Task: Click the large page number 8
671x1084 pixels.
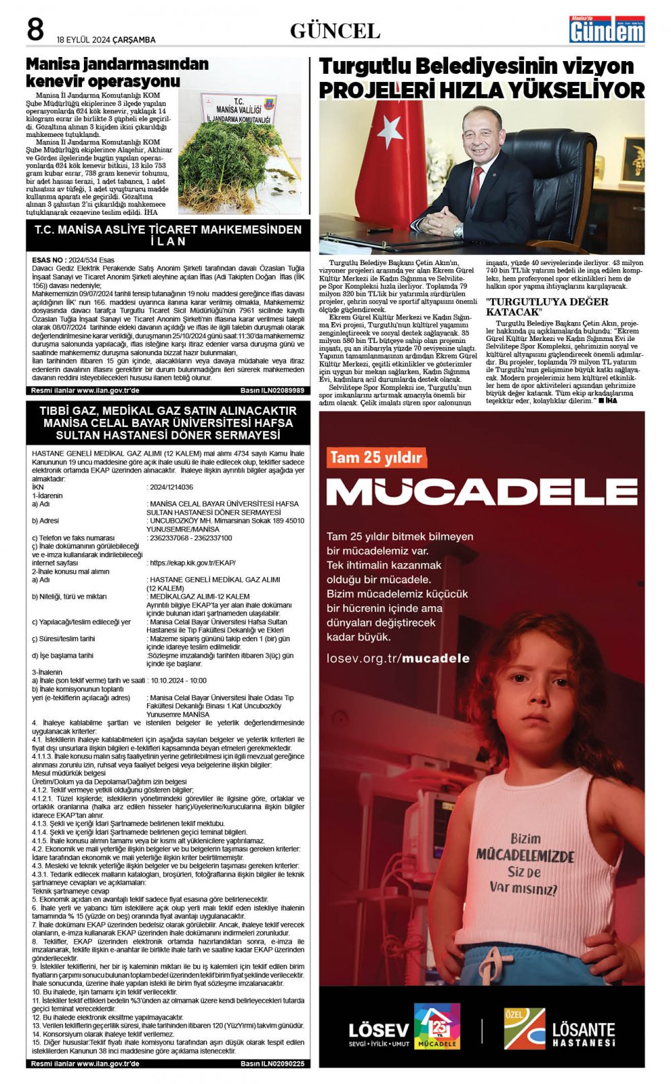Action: click(35, 30)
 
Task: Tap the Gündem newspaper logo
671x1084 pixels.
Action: click(607, 30)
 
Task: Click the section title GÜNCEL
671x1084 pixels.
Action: click(335, 31)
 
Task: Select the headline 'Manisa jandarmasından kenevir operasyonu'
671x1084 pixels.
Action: click(117, 72)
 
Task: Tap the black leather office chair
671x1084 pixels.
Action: click(557, 175)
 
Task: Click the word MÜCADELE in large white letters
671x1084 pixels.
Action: click(481, 492)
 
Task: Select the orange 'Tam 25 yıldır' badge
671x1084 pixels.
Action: click(376, 458)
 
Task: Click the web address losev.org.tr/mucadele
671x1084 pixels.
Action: click(398, 658)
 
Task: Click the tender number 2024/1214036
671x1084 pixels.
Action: click(172, 487)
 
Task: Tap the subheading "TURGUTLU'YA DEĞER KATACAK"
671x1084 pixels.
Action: click(547, 307)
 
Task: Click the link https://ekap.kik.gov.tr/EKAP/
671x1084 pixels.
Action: click(192, 563)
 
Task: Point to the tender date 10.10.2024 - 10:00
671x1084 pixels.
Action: click(178, 681)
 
